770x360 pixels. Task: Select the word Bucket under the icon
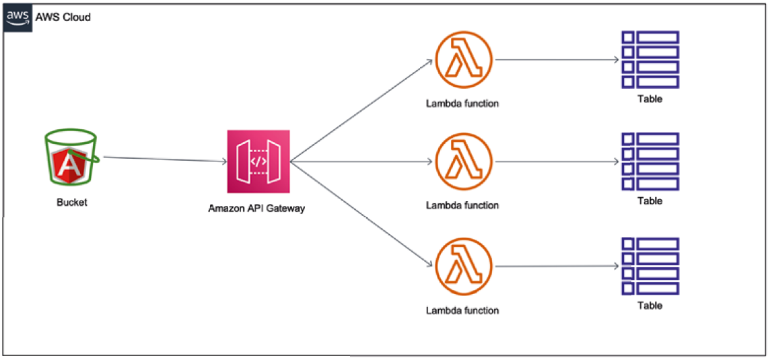(72, 202)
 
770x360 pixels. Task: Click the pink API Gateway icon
(258, 161)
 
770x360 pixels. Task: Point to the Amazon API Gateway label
(256, 209)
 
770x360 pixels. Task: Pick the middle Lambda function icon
(464, 162)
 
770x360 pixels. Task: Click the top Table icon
(650, 59)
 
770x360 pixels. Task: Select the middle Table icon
(650, 161)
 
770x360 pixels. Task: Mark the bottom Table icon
(650, 266)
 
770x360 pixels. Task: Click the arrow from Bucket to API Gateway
(165, 159)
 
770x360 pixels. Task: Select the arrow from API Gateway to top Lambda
(361, 111)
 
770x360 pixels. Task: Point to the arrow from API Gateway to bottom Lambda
(361, 213)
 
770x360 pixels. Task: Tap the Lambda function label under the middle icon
(462, 205)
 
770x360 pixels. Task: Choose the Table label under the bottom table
(650, 305)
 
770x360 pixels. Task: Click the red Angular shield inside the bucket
(70, 165)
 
